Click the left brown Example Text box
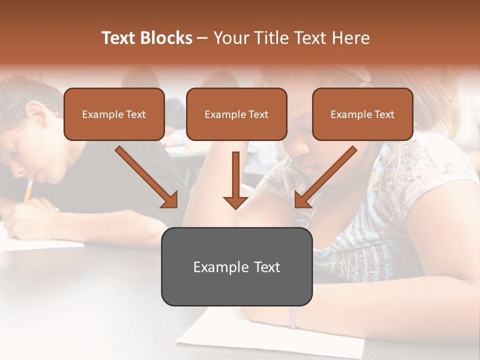tap(114, 114)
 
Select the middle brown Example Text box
tap(236, 114)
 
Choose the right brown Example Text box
tap(362, 114)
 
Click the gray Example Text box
tap(236, 266)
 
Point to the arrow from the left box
tap(147, 177)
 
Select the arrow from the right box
tap(325, 177)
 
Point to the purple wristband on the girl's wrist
tap(293, 317)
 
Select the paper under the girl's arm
tap(270, 335)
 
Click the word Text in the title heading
tap(118, 38)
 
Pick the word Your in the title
tap(230, 38)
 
